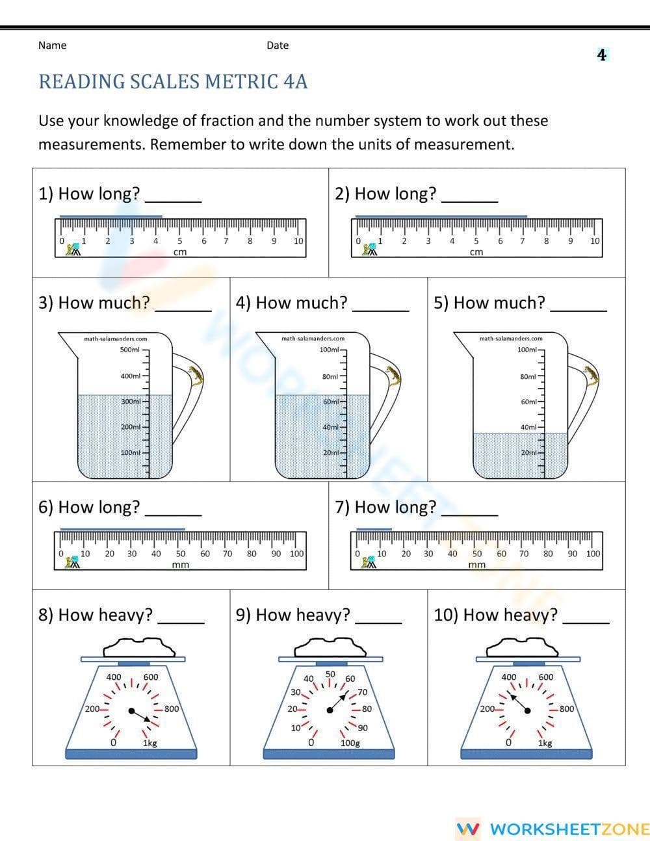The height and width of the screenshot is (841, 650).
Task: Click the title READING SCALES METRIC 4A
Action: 173,82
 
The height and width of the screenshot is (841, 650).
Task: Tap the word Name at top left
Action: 52,45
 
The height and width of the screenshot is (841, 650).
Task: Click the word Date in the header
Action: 278,45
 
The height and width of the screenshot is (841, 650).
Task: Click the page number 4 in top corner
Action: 601,55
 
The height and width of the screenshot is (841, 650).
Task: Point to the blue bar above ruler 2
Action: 441,216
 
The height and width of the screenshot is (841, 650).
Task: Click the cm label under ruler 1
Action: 180,252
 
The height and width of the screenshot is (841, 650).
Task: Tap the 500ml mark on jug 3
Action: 130,350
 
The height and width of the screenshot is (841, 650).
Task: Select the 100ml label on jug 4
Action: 330,350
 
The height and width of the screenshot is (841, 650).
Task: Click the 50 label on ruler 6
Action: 180,554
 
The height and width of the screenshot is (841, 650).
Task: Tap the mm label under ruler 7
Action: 476,565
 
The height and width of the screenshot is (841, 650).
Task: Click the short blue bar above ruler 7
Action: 374,529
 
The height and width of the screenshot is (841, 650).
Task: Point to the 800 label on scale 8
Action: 172,709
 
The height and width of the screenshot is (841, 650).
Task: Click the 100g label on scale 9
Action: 350,742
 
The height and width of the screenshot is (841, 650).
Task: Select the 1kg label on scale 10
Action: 545,742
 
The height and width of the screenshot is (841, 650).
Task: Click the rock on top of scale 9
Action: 329,646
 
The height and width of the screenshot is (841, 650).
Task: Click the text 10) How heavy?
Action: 495,615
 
